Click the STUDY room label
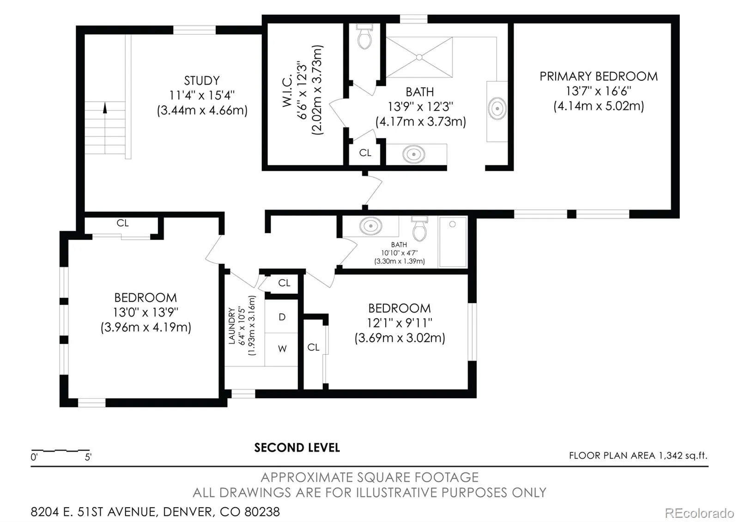[x=202, y=81]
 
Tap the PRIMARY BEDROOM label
[x=599, y=77]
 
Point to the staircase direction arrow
[x=105, y=108]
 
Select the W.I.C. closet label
[x=287, y=90]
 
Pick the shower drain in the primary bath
[x=419, y=57]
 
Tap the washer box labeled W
[x=282, y=349]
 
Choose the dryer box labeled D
[x=282, y=317]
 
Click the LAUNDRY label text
[x=232, y=326]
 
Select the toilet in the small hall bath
[x=420, y=228]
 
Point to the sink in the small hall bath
[x=371, y=226]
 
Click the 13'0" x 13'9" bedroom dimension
[x=145, y=312]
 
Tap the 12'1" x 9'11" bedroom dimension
[x=400, y=323]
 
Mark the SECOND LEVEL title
[x=297, y=448]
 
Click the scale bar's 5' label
[x=88, y=457]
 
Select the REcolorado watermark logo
[x=699, y=513]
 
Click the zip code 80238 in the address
[x=262, y=512]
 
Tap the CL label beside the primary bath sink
[x=365, y=153]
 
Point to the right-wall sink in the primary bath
[x=497, y=109]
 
